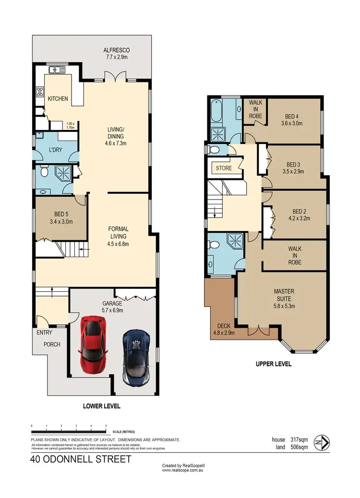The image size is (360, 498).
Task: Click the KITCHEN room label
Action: coord(58,99)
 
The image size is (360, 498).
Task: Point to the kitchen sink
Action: coord(56,70)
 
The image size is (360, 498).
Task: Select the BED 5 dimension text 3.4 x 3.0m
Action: coord(60,222)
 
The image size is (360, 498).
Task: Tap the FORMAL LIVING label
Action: coord(118,233)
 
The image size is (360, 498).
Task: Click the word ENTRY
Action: coord(44,332)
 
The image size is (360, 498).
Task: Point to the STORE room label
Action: coord(224,168)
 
